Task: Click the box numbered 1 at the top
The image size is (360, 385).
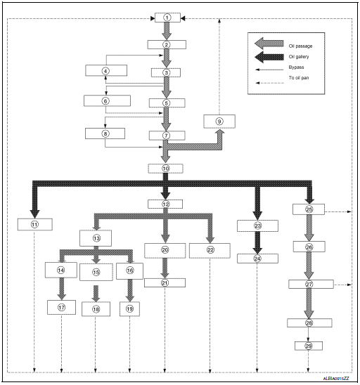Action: tap(167, 17)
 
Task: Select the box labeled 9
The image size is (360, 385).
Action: tap(219, 121)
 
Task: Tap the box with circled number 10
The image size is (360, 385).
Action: tap(166, 169)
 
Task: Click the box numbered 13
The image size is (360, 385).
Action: tap(96, 239)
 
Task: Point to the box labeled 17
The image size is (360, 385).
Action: tap(61, 307)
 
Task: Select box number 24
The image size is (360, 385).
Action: tap(257, 259)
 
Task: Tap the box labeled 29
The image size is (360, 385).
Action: tap(308, 346)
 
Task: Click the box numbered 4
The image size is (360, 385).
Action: tap(105, 71)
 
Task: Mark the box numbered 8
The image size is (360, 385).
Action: tap(105, 133)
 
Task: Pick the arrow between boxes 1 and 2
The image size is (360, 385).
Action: tap(167, 31)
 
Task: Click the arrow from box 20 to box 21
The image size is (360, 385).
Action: tap(165, 268)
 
